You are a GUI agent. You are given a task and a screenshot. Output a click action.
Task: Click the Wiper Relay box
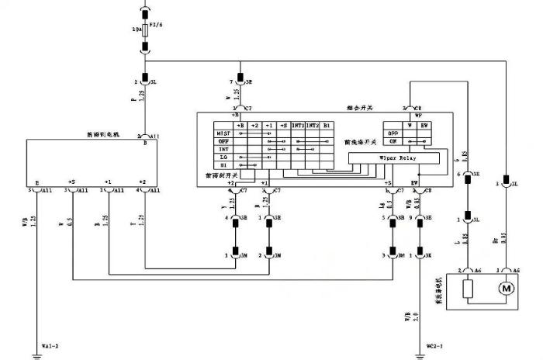(x=398, y=158)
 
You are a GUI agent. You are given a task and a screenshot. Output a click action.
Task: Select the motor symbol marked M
(x=507, y=289)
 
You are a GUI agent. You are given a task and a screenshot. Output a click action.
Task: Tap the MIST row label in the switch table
(x=223, y=133)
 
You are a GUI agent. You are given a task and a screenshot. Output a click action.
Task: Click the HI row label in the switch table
(x=223, y=164)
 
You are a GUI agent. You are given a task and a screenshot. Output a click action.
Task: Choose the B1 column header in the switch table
(x=327, y=125)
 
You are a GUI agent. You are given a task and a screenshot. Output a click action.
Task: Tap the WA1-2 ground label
(x=53, y=345)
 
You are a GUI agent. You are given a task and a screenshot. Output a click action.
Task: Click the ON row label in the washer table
(x=393, y=140)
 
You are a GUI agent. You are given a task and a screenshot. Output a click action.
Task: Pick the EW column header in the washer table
(x=424, y=125)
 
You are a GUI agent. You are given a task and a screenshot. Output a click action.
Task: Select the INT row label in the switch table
(x=223, y=148)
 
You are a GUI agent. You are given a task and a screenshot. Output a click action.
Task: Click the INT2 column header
(x=312, y=125)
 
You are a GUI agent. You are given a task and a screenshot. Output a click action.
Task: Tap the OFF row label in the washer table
(x=393, y=133)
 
